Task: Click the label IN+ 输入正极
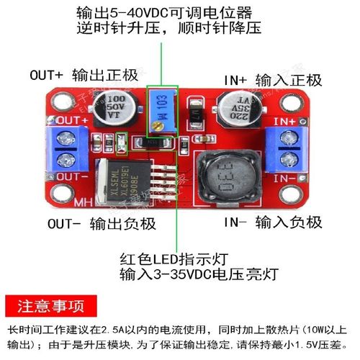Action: click(x=273, y=80)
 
